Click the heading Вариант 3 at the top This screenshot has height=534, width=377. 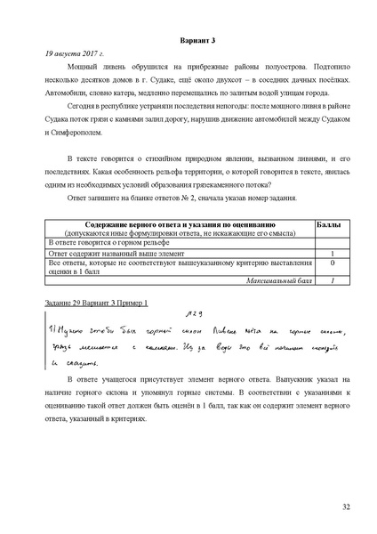coord(188,41)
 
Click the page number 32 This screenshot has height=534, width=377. coord(346,506)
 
